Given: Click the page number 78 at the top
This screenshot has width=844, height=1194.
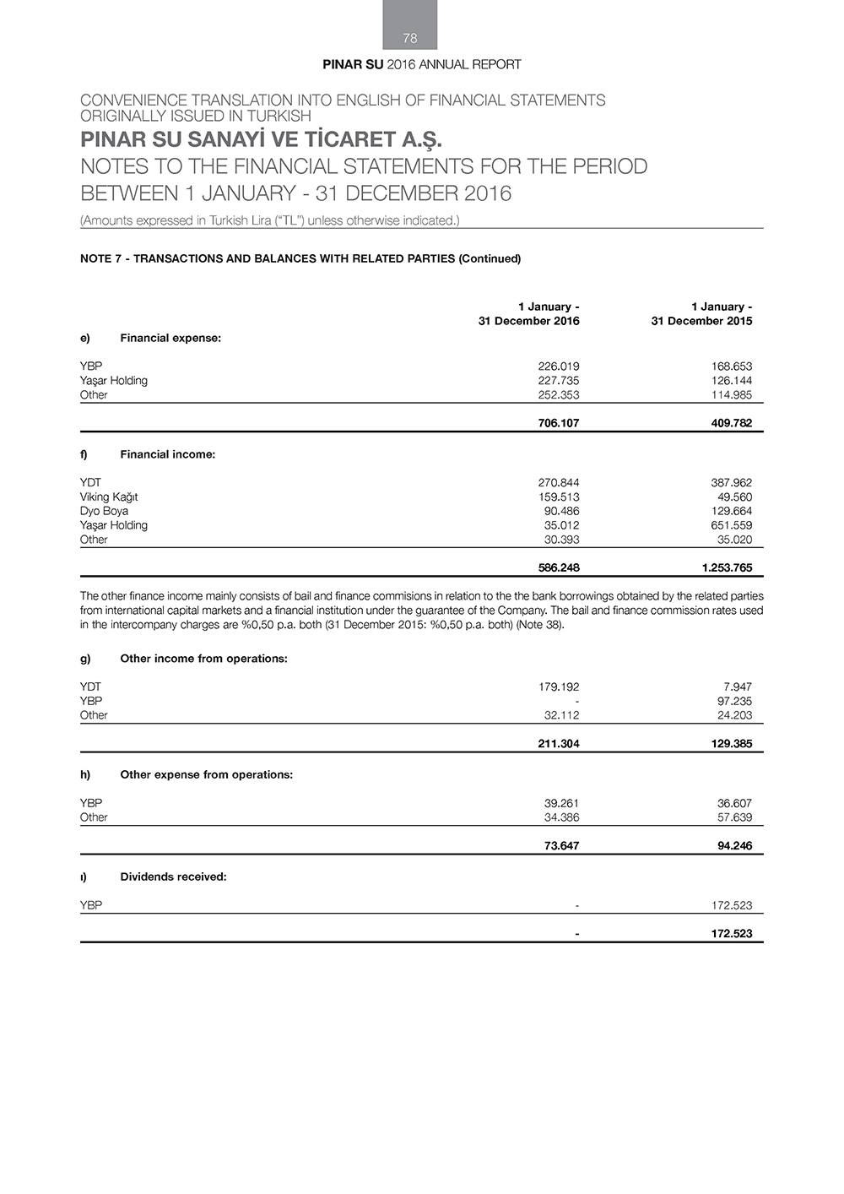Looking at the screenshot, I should (x=410, y=38).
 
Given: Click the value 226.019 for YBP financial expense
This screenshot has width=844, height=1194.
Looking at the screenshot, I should (x=558, y=366).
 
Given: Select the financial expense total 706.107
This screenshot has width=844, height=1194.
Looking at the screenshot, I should (x=558, y=423).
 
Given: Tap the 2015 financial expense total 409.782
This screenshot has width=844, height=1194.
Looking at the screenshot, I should (x=731, y=423).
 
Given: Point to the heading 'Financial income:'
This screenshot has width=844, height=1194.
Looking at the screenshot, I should (x=167, y=454).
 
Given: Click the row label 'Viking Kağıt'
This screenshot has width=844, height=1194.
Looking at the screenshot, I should (x=109, y=497).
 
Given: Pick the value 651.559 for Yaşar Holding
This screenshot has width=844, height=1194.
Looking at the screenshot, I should (x=731, y=525).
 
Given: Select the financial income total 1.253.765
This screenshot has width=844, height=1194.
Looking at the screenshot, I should (x=726, y=568).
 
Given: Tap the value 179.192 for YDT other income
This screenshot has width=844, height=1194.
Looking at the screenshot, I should (x=558, y=687).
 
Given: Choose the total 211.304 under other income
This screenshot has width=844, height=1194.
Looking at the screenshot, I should (x=558, y=744).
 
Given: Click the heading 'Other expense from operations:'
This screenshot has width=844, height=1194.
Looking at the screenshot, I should (x=206, y=774).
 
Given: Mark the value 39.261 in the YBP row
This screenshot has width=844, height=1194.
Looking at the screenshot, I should (x=561, y=804).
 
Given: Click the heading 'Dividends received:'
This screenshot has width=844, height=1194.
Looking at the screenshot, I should (x=173, y=877).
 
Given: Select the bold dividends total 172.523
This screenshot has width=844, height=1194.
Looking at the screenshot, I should (x=731, y=934).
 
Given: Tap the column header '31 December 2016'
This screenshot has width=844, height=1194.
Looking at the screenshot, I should (x=528, y=321).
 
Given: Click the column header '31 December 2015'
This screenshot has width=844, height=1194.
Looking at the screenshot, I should (x=701, y=321).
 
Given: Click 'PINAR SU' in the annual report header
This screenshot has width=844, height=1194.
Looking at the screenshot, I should (x=353, y=64).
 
